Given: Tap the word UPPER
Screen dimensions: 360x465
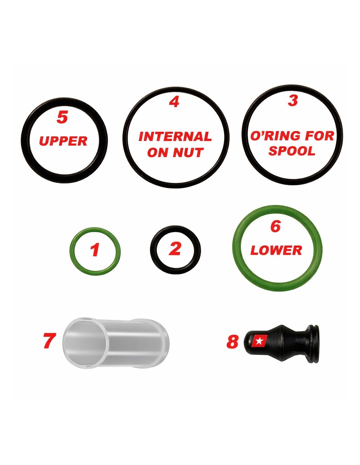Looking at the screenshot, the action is (63, 141).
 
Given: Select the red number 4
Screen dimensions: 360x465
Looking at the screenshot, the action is (174, 102).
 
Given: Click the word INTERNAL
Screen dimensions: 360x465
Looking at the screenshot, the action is (175, 137).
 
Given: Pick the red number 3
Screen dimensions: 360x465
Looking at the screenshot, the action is (293, 100).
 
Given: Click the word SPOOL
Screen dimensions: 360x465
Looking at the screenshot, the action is (292, 151).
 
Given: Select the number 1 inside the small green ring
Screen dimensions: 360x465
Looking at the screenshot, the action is (95, 250).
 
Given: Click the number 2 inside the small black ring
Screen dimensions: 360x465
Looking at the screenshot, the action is (175, 249).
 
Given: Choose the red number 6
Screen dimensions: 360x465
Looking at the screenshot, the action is (276, 227).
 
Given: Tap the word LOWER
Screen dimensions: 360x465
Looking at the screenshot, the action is (276, 250).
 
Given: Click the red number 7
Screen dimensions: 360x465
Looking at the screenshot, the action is (49, 340).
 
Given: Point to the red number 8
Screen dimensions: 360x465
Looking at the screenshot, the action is (232, 341).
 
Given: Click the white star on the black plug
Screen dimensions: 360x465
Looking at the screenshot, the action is (259, 341).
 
